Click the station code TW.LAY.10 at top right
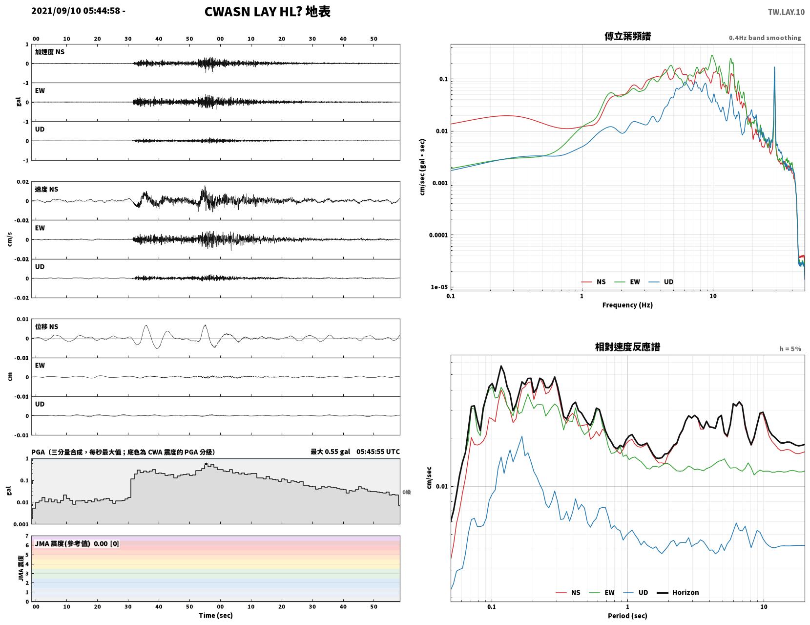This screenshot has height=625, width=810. [x=786, y=12]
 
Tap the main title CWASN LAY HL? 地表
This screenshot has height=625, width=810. [x=267, y=12]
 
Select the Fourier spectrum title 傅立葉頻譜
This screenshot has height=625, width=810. [x=627, y=36]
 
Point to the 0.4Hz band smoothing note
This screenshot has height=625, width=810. [x=765, y=38]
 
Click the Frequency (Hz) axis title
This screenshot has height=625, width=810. [x=627, y=304]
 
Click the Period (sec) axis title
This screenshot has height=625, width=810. [x=627, y=615]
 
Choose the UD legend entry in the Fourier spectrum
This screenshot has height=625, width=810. [x=661, y=281]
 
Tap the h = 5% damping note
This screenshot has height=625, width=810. [x=790, y=349]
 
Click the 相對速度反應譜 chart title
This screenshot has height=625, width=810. [x=627, y=347]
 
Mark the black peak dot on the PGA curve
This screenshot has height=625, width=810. [x=206, y=464]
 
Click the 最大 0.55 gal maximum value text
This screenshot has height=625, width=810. [x=330, y=452]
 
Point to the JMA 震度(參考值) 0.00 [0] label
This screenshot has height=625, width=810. [x=77, y=543]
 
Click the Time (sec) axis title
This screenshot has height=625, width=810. [x=215, y=615]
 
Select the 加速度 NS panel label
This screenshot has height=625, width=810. [x=50, y=52]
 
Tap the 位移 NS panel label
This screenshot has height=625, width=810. [x=46, y=326]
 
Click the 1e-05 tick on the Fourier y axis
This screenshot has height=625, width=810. [x=439, y=287]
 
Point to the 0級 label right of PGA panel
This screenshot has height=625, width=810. [x=406, y=492]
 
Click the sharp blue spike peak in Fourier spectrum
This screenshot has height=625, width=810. [x=774, y=67]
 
